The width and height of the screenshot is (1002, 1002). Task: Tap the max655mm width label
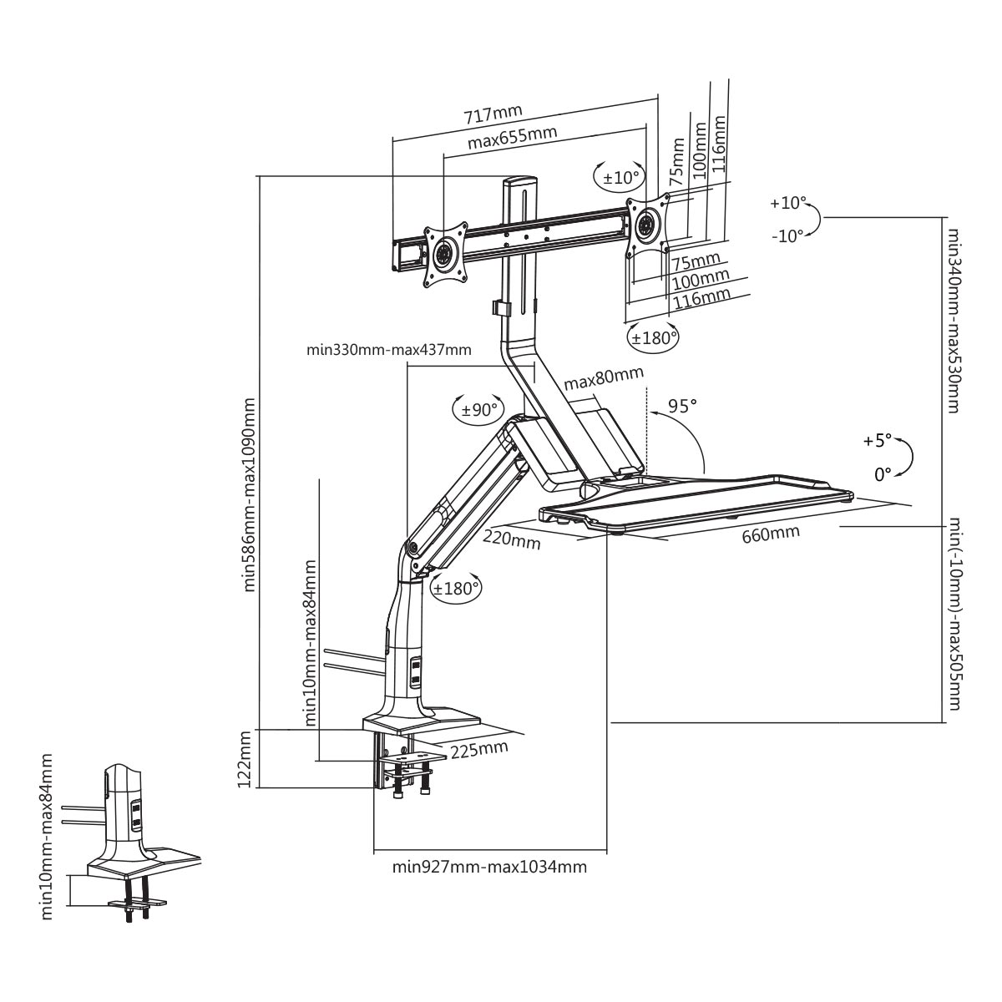[512, 138]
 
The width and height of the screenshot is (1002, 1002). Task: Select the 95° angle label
[682, 407]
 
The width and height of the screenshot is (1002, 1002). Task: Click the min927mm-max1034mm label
[489, 867]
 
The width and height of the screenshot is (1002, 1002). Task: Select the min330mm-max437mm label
[389, 350]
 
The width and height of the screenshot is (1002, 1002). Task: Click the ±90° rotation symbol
[478, 409]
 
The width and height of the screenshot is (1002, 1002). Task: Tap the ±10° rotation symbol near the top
[620, 177]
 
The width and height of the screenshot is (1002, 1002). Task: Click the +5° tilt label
[878, 440]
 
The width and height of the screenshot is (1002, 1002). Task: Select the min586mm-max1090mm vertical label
[248, 494]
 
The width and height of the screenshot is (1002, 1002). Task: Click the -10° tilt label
[787, 235]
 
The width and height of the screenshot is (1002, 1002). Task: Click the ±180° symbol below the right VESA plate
[652, 338]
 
